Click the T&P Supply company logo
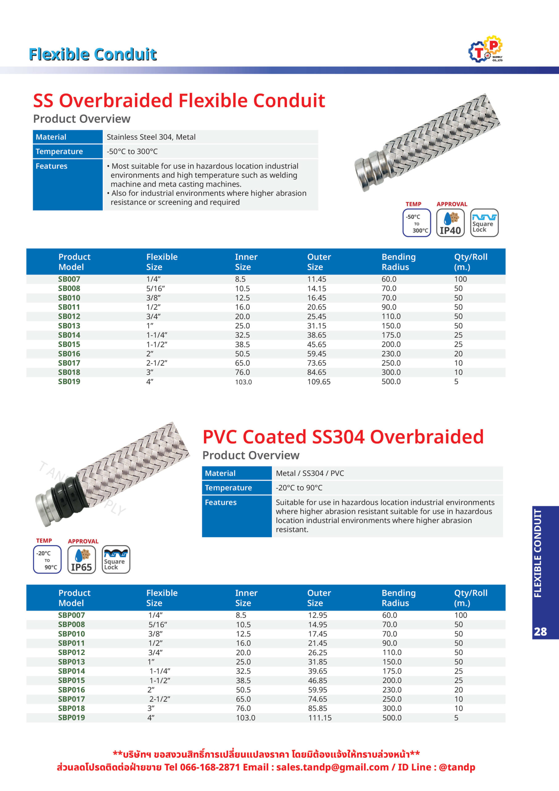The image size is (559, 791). click(x=485, y=49)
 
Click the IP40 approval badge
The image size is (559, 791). click(x=450, y=223)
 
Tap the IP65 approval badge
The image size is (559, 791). click(x=81, y=560)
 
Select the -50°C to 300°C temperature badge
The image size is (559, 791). click(x=417, y=223)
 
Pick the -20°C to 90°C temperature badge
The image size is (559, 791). click(x=47, y=560)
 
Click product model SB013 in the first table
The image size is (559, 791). click(x=69, y=326)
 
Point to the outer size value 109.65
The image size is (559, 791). click(x=319, y=382)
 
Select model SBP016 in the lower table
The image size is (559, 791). click(x=71, y=690)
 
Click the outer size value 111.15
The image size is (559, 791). click(x=320, y=718)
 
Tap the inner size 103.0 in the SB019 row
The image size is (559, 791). click(x=243, y=382)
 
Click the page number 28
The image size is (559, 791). click(x=540, y=632)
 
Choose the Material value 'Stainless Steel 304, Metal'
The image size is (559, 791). click(x=151, y=137)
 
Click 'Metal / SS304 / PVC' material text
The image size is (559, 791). click(x=310, y=473)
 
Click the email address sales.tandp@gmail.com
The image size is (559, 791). click(x=332, y=767)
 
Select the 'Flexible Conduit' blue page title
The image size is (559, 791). click(x=93, y=54)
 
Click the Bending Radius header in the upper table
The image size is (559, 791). click(x=398, y=262)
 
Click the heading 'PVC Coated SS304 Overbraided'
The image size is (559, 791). click(x=343, y=437)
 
